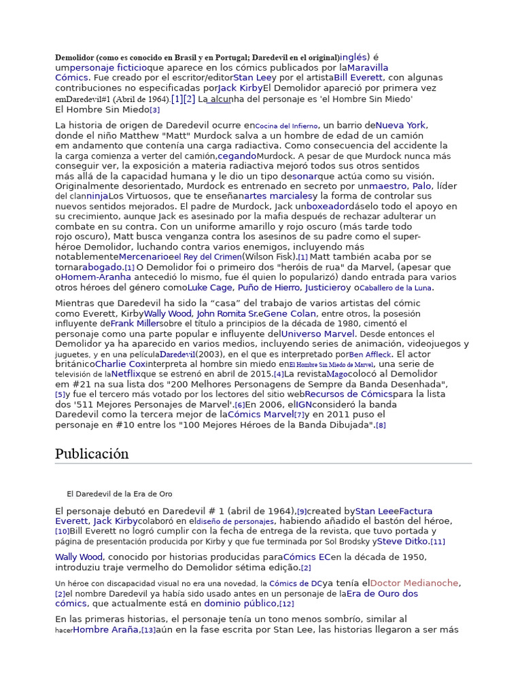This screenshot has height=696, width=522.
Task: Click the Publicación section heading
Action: (92, 454)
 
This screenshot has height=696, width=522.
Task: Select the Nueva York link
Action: (401, 125)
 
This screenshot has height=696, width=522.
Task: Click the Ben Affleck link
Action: (370, 354)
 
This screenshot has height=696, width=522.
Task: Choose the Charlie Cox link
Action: (120, 364)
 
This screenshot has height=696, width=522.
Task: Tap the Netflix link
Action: (126, 374)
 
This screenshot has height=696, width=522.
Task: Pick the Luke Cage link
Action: (209, 288)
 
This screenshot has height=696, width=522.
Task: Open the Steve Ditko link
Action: (402, 541)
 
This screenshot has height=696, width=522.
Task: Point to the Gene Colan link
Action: (288, 313)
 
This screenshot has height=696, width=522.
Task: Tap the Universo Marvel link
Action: (317, 334)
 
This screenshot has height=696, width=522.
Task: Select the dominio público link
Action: (241, 603)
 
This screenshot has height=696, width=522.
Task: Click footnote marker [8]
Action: (381, 425)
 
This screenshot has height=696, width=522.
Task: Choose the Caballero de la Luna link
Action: (396, 288)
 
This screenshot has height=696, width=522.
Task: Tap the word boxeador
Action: (327, 206)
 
